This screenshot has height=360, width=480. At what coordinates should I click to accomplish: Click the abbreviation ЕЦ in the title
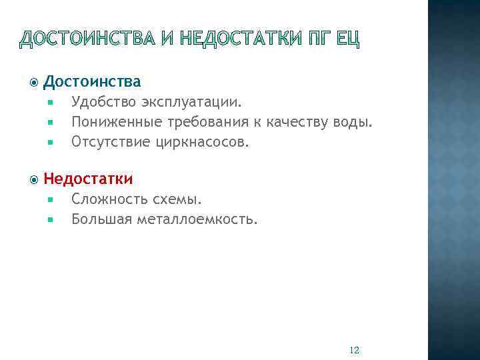coord(347,41)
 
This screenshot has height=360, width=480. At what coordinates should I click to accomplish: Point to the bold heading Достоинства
coord(92,82)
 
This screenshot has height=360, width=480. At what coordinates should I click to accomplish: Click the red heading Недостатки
coord(88,179)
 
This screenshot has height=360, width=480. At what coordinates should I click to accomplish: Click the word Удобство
coord(103,103)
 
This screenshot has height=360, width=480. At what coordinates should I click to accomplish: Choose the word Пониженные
coord(113,123)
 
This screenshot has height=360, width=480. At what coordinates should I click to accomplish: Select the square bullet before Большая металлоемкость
coord(50,219)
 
